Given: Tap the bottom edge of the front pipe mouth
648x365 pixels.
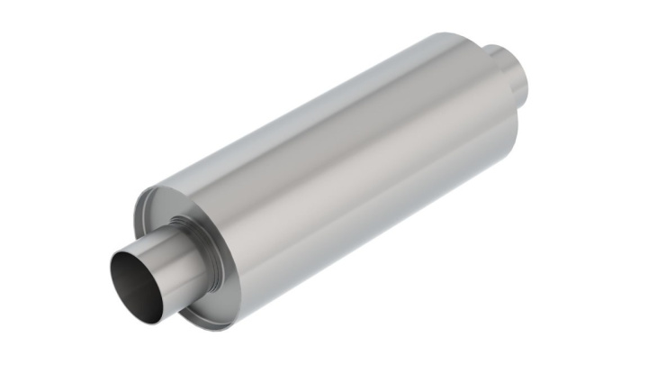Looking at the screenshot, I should point(135,303).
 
